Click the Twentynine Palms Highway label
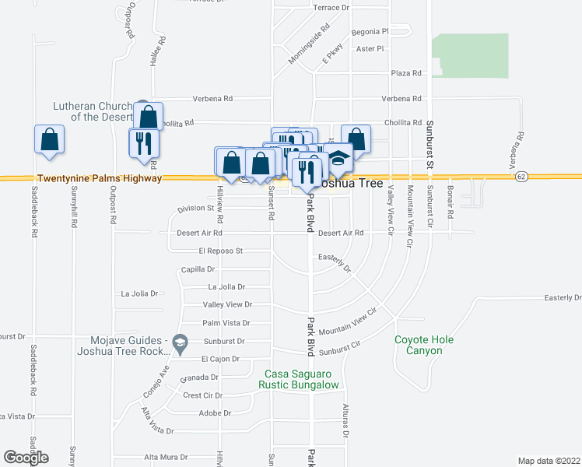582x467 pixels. [x=100, y=178]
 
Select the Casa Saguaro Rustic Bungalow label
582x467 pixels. [x=300, y=379]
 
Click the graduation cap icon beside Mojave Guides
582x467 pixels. [x=180, y=342]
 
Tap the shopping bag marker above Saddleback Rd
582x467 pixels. [x=49, y=139]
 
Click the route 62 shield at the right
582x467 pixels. [x=521, y=177]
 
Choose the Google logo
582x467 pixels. [x=26, y=458]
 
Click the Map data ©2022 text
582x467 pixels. [x=549, y=460]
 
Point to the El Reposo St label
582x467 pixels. [x=221, y=251]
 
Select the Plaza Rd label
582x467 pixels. [x=406, y=73]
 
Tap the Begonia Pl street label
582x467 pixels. [x=370, y=32]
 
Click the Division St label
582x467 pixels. [x=195, y=209]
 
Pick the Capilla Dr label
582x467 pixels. [x=198, y=269]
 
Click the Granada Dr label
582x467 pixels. [x=199, y=377]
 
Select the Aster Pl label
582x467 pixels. [x=370, y=48]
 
